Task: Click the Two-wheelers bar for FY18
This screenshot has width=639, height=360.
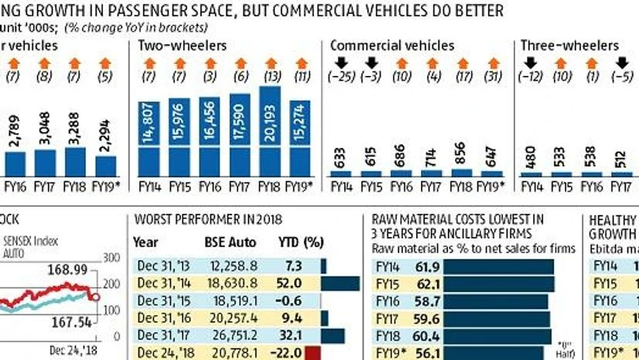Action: [269, 132]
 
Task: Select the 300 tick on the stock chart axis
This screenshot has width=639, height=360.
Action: [113, 258]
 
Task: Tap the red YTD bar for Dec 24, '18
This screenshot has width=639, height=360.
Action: [313, 353]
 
